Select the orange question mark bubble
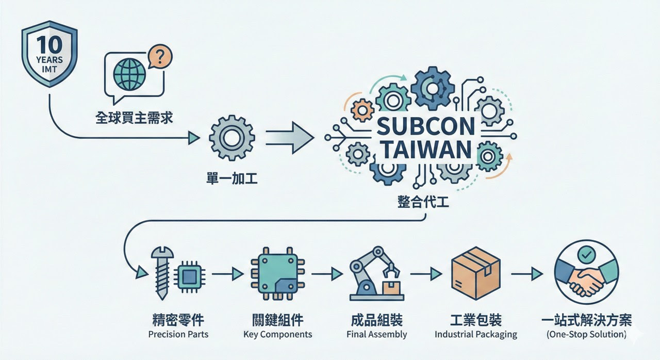tap(160, 58)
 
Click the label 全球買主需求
tap(134, 118)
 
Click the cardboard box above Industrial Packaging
tap(475, 276)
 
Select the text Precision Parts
tap(178, 334)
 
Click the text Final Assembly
tap(377, 334)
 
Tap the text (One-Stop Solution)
tap(586, 334)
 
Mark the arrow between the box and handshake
tap(527, 274)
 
